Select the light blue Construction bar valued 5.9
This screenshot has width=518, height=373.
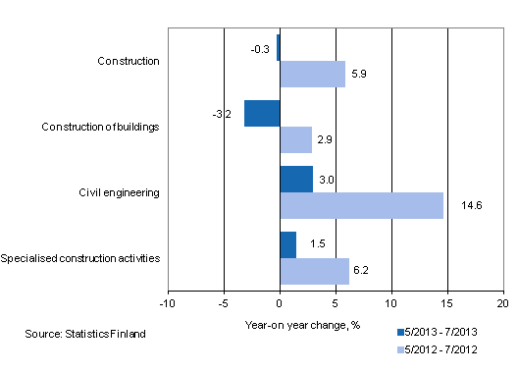(312, 75)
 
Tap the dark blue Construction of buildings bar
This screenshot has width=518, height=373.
(262, 114)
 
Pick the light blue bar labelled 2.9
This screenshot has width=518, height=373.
(295, 139)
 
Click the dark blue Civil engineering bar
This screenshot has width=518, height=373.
(296, 179)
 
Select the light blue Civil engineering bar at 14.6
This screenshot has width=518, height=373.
(361, 205)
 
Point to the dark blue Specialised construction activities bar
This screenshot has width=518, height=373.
(287, 244)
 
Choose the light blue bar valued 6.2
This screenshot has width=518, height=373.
(314, 271)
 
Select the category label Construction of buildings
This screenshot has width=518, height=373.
(101, 127)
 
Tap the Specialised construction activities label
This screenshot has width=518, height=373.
(80, 258)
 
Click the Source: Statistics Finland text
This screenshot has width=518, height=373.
(85, 335)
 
